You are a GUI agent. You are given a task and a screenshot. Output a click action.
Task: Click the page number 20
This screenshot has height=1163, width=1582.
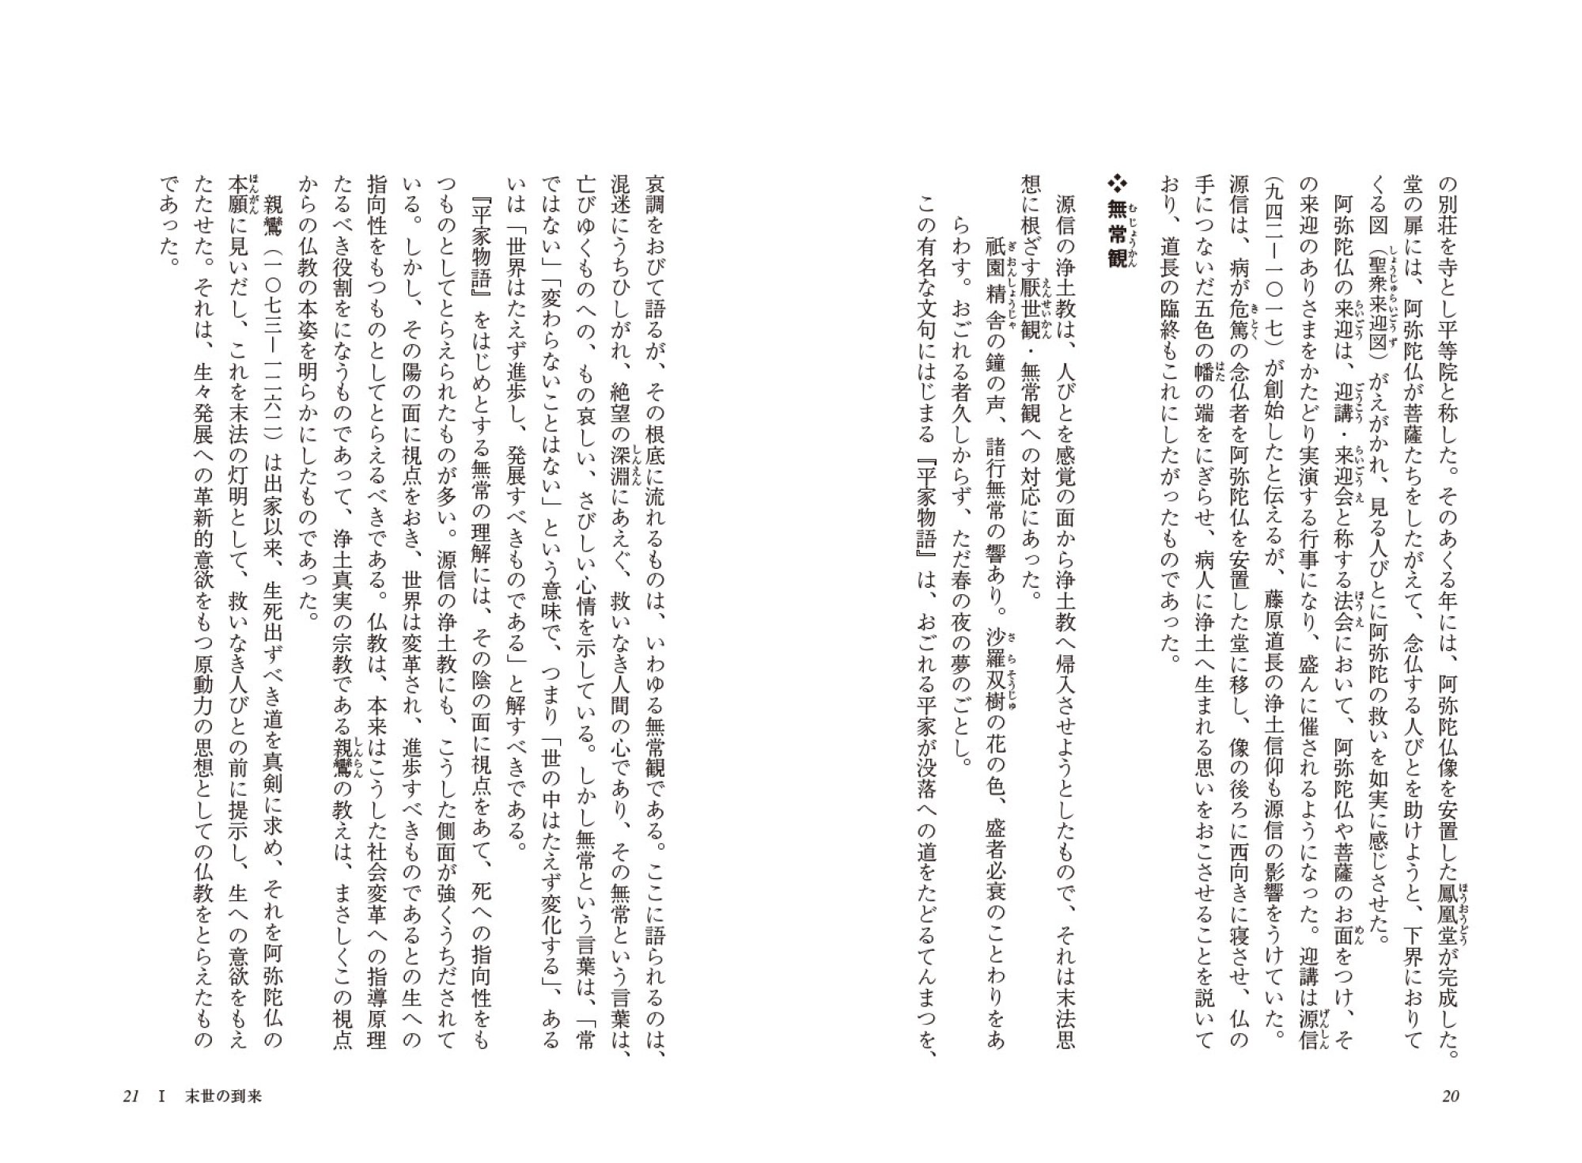pyautogui.click(x=1451, y=1097)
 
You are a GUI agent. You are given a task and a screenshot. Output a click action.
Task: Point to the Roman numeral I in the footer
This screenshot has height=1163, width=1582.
pyautogui.click(x=162, y=1097)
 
